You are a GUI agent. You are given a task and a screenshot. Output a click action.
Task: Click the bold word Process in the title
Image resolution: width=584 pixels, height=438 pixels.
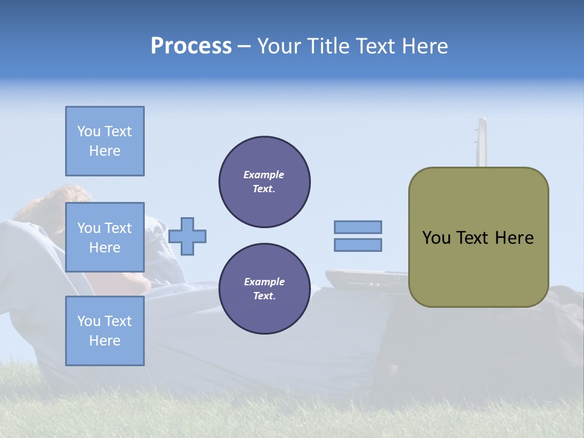point(191,46)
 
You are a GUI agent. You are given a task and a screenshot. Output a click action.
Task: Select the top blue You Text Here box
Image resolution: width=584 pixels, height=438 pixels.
point(105,141)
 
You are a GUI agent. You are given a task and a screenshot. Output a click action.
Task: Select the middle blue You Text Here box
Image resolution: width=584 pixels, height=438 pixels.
point(105,237)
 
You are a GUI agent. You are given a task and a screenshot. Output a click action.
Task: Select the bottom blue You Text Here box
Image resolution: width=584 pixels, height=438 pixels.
point(105,330)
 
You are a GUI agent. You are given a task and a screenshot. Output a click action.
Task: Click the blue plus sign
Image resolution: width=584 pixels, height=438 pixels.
point(187,236)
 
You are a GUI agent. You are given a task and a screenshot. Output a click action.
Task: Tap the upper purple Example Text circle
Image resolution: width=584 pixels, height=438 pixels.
point(265,182)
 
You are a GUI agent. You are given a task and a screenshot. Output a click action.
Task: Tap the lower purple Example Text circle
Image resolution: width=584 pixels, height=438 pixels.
point(265,289)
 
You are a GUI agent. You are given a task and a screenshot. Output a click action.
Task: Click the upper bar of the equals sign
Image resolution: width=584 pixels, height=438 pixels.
point(358,228)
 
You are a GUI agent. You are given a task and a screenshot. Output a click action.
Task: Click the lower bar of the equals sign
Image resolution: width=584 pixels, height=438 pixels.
point(358,245)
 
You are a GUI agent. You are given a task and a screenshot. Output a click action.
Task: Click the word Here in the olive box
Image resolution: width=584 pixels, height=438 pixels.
point(514,238)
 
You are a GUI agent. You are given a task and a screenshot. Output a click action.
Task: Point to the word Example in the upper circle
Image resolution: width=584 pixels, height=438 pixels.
point(264,175)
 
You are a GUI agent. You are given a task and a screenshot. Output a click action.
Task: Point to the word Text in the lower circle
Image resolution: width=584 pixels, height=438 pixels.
point(264,296)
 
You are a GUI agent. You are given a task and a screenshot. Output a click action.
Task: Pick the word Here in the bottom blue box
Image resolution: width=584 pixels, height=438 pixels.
point(105,341)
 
